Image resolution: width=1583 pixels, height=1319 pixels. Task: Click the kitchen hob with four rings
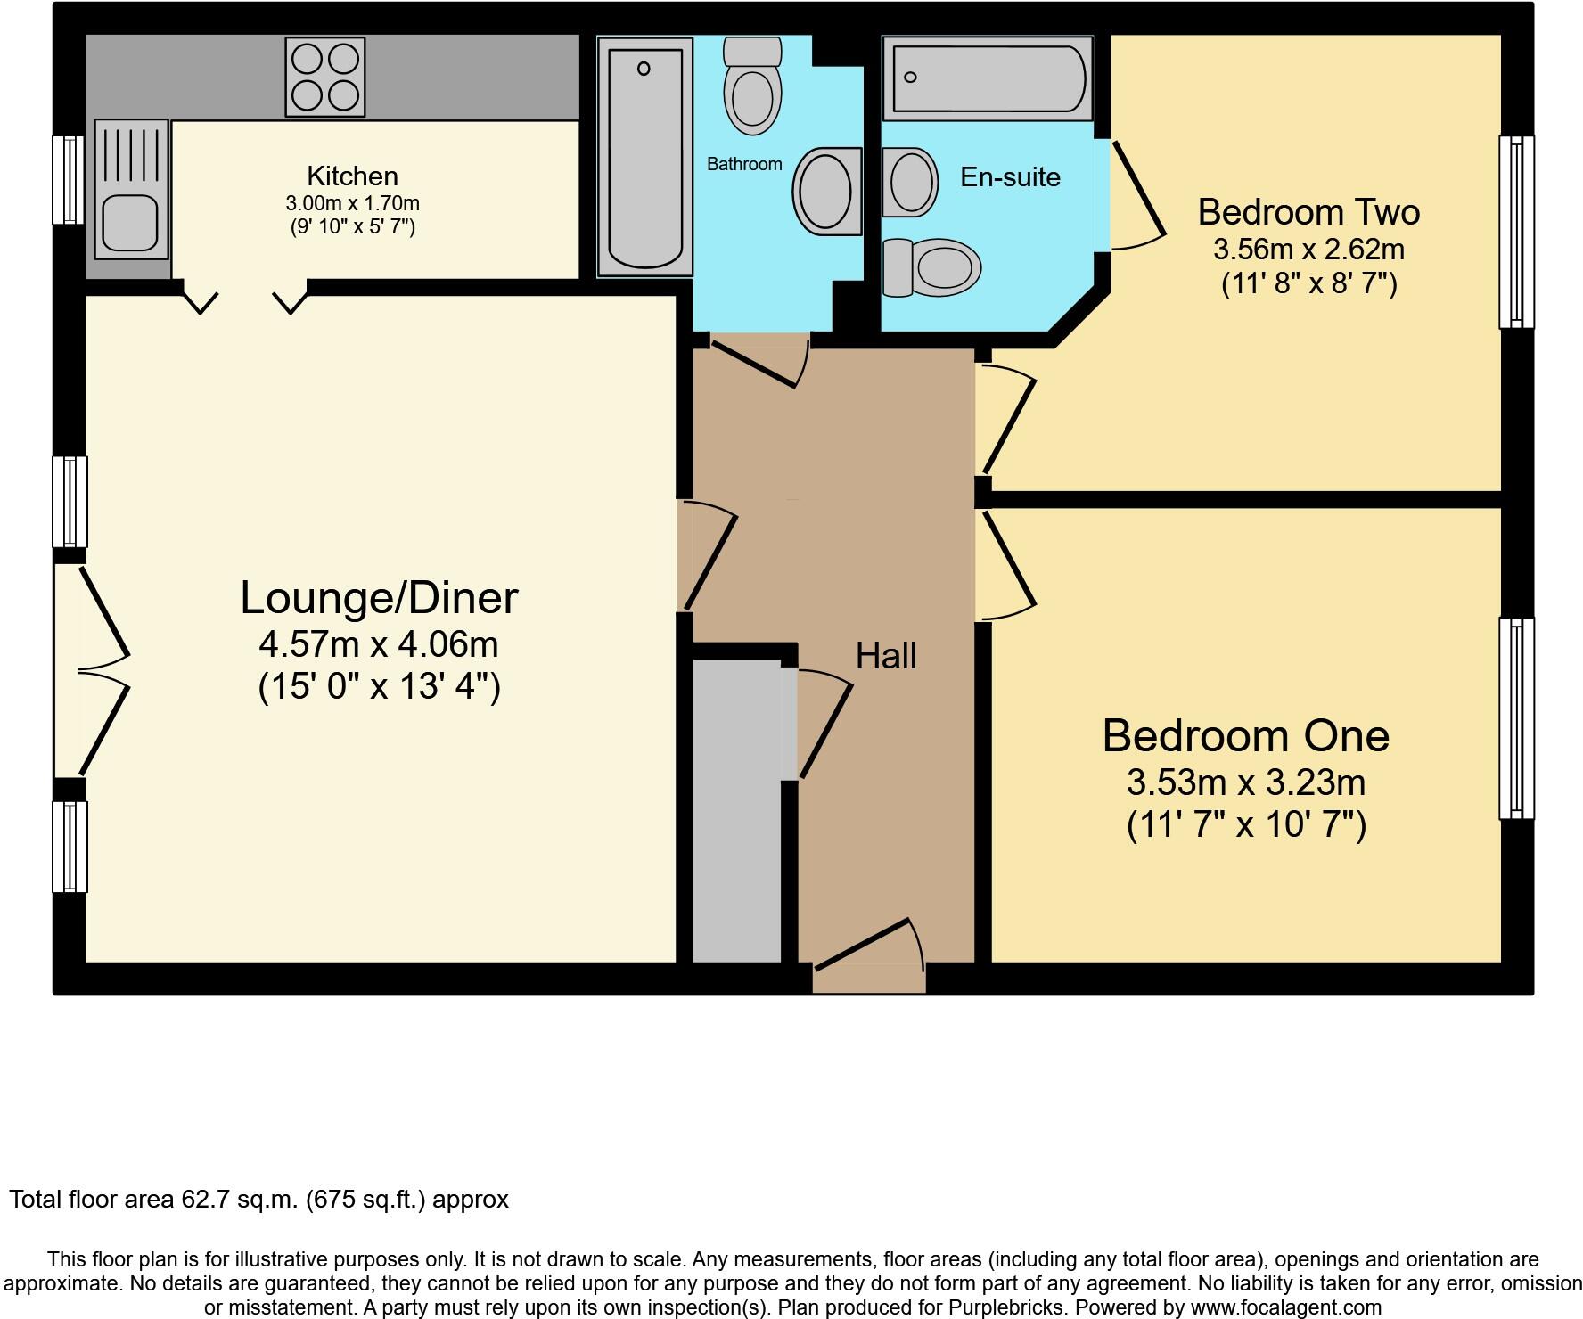pos(325,77)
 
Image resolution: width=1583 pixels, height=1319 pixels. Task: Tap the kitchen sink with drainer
pos(131,189)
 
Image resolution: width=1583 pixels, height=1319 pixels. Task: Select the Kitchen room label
pos(352,176)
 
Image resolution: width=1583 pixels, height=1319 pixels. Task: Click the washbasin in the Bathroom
pos(826,190)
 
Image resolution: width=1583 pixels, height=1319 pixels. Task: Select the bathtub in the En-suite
pos(988,78)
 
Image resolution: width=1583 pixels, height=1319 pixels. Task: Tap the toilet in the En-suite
pos(931,266)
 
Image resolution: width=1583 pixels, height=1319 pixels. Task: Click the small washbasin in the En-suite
pos(910,182)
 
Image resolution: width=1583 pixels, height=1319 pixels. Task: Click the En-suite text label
pos(1010,176)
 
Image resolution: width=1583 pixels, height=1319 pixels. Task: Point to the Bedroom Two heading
pos(1308,212)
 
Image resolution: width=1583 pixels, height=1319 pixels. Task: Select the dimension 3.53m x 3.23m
pos(1245,782)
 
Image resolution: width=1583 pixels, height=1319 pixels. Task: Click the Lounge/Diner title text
pos(379,597)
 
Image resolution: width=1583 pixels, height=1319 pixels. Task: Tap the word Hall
pos(885,656)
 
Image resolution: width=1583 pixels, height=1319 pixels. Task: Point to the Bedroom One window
pos(1515,717)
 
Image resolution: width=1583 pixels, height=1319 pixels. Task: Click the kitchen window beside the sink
pos(68,179)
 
